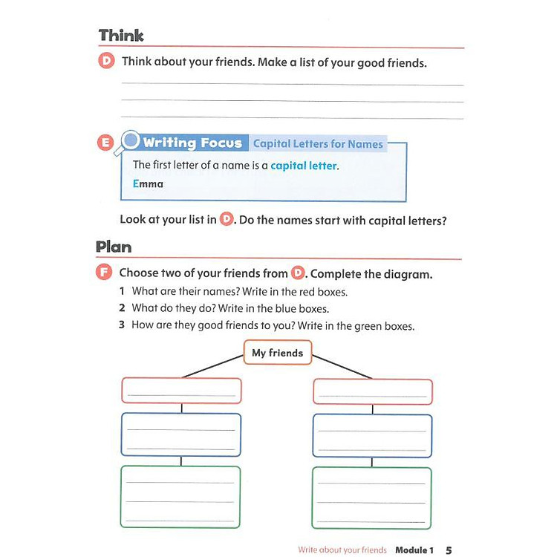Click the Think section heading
tap(121, 36)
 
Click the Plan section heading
tap(114, 247)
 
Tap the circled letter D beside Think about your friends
tap(107, 62)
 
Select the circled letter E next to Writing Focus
tap(105, 143)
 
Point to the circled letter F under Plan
tap(105, 273)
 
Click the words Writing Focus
tap(192, 143)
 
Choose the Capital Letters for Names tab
tap(318, 144)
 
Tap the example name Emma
tap(148, 183)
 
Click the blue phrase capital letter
tap(304, 166)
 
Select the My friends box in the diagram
tap(278, 353)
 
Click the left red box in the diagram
tap(181, 391)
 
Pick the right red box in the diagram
tap(373, 391)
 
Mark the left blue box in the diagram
tap(181, 434)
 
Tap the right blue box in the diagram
tap(372, 435)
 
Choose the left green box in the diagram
tap(181, 496)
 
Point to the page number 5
tap(449, 550)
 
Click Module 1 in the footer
tap(414, 550)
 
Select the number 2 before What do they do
tap(122, 308)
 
